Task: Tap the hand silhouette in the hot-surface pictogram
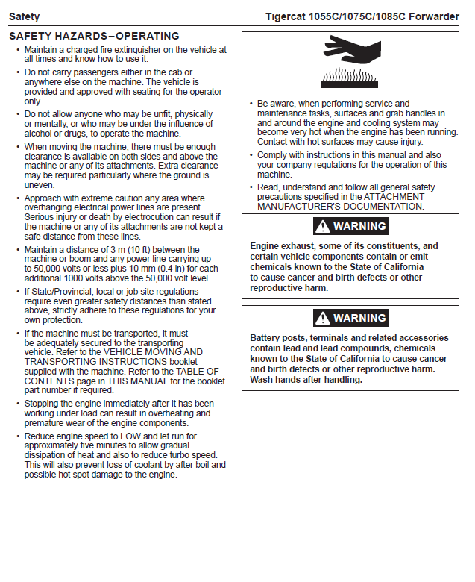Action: point(351,52)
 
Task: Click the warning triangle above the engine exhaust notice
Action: point(322,226)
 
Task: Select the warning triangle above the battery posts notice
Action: point(322,318)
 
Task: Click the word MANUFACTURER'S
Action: point(298,206)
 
